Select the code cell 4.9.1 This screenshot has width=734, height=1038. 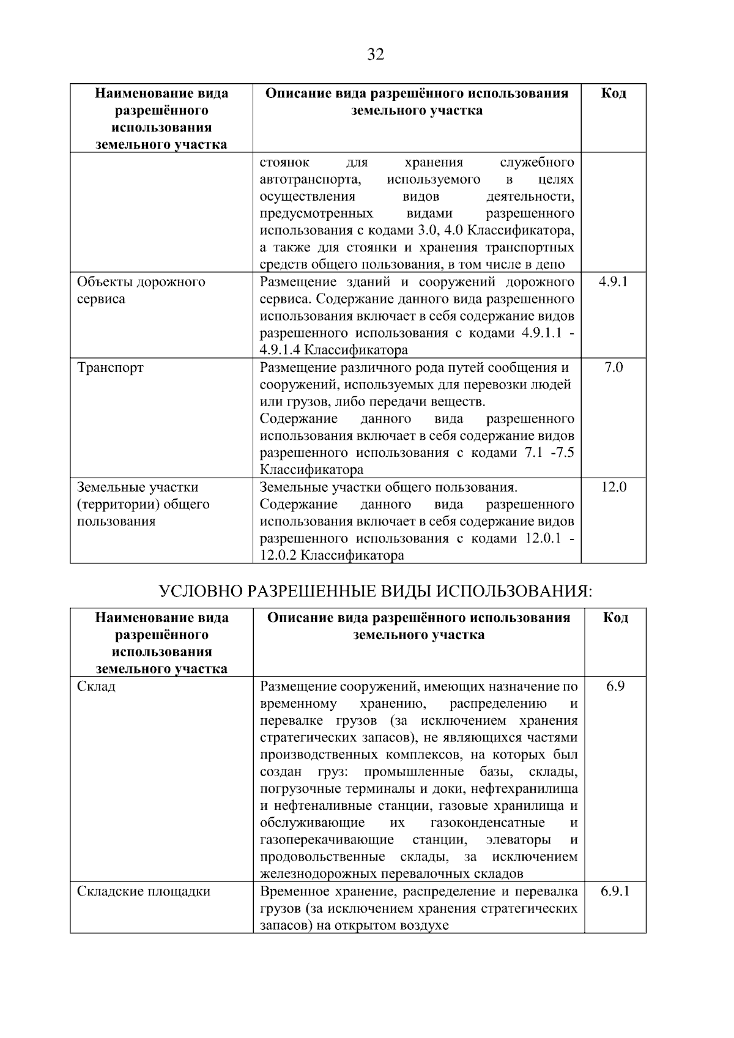pos(613,282)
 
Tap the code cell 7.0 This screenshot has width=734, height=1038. pos(613,368)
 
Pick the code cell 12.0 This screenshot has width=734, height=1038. pos(613,487)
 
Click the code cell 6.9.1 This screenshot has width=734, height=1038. pos(615,891)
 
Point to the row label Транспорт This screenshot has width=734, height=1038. pos(110,368)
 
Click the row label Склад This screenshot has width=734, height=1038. pos(96,686)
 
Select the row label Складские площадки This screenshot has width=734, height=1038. pos(144,891)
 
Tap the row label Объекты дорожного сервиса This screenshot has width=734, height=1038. pos(141,291)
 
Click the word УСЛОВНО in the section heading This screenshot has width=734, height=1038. pos(200,591)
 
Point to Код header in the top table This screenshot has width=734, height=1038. pos(613,94)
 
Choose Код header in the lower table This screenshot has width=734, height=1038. pos(615,618)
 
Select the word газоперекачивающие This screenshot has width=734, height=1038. pos(327,839)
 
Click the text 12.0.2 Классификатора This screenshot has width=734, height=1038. pos(332,556)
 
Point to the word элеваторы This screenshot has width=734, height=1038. pos(517,839)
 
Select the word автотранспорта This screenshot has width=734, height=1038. pos(310,180)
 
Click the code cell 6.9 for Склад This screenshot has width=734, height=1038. pos(615,686)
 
